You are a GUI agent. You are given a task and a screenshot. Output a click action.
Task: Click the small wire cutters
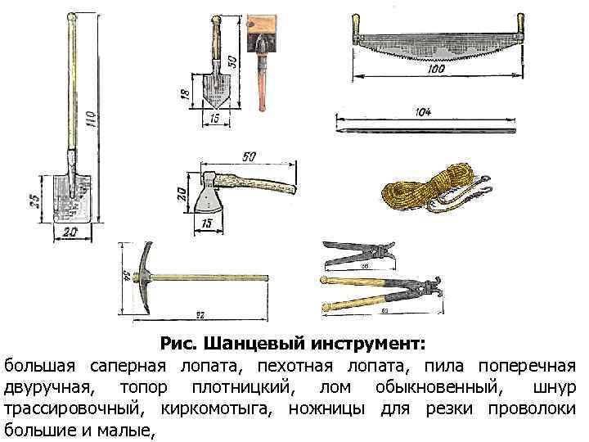pos(357,253)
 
